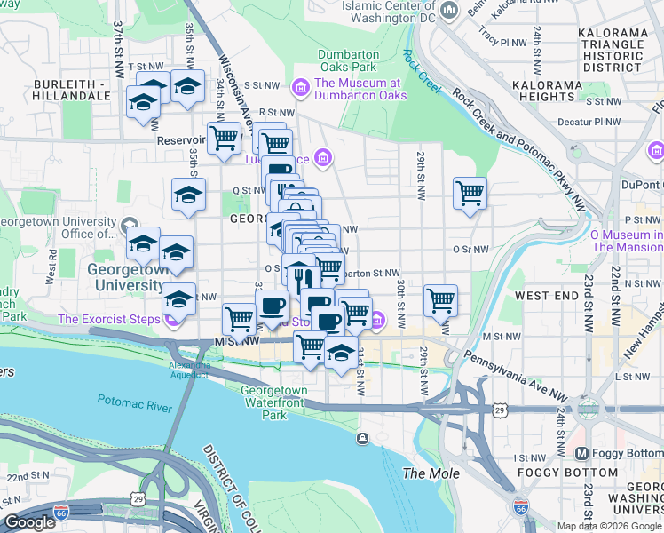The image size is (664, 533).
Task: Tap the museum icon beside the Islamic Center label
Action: click(x=450, y=11)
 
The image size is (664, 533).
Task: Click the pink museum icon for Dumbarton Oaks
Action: click(x=299, y=86)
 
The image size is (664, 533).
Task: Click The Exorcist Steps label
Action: click(x=108, y=319)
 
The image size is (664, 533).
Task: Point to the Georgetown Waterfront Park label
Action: click(x=274, y=402)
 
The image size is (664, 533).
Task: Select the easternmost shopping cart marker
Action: click(x=470, y=193)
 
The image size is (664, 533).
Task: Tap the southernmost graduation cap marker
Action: click(x=341, y=352)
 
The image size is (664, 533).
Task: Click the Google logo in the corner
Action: click(x=29, y=522)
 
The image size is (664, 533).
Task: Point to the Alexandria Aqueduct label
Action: click(x=190, y=370)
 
